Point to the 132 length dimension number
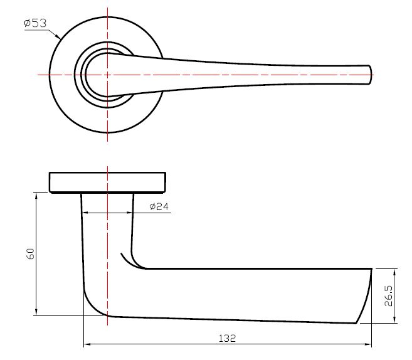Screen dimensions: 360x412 pyautogui.click(x=227, y=338)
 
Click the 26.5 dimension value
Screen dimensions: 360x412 pyautogui.click(x=388, y=296)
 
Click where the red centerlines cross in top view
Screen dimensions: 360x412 pyautogui.click(x=108, y=75)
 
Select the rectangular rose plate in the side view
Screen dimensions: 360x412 pyautogui.click(x=108, y=181)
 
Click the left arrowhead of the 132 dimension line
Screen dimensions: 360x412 pyautogui.click(x=86, y=344)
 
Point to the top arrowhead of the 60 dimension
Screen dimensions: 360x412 pyautogui.click(x=36, y=195)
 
